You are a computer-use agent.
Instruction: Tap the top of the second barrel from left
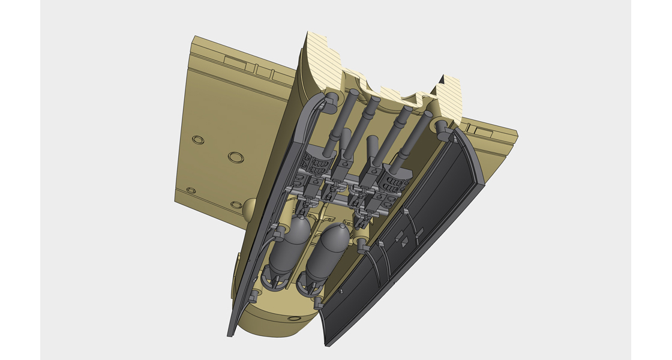tap(376, 100)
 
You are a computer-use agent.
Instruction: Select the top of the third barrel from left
tap(407, 110)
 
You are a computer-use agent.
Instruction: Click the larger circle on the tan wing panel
tap(236, 157)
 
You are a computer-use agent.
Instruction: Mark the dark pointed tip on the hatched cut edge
tap(442, 78)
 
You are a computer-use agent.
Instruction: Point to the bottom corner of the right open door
tap(327, 344)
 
